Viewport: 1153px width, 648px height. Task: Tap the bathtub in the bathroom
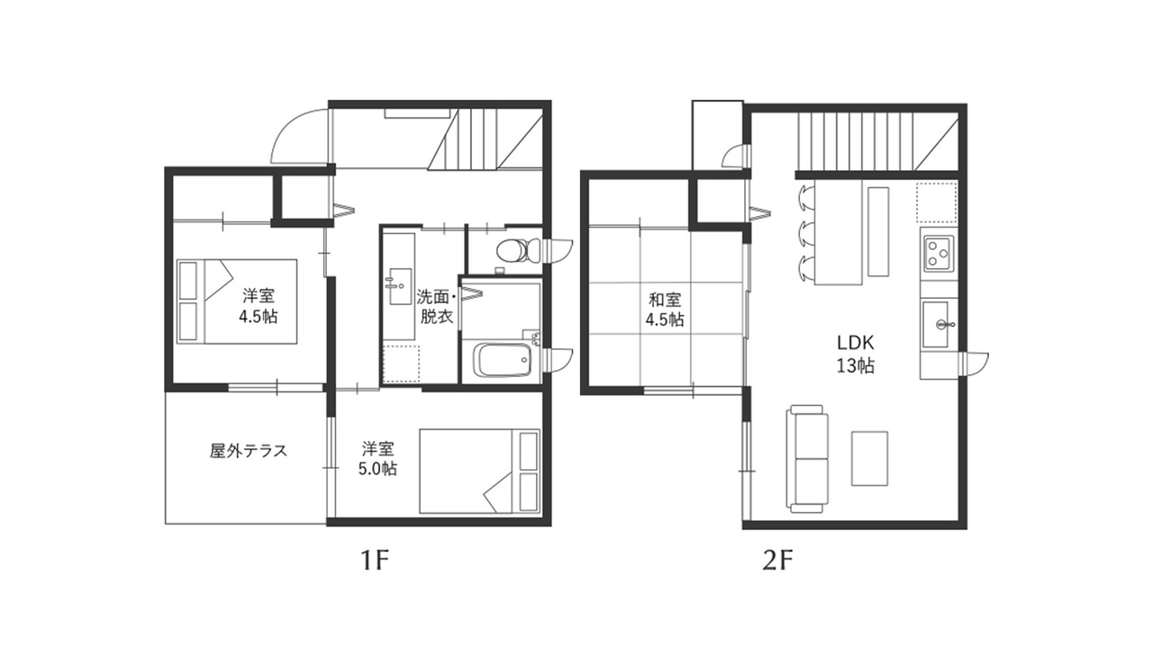[x=504, y=360]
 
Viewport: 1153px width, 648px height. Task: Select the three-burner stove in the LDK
[x=939, y=254]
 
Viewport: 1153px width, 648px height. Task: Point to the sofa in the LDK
[x=806, y=459]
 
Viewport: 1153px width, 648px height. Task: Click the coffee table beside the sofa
[x=869, y=458]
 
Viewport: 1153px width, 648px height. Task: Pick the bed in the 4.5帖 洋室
[x=237, y=301]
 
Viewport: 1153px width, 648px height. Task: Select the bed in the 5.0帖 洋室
[x=480, y=471]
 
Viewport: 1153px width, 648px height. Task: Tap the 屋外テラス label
[x=248, y=451]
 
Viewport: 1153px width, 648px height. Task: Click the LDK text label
[x=855, y=342]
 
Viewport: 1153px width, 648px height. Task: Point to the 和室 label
[x=665, y=300]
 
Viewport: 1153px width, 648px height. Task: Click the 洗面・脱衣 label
[x=437, y=307]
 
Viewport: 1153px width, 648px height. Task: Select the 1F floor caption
[x=374, y=561]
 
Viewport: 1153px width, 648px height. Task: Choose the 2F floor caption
[x=777, y=561]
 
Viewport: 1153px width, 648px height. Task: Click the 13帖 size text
[x=855, y=365]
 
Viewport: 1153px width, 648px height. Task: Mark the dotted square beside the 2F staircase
[x=937, y=202]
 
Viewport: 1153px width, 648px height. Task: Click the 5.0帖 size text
[x=377, y=469]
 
